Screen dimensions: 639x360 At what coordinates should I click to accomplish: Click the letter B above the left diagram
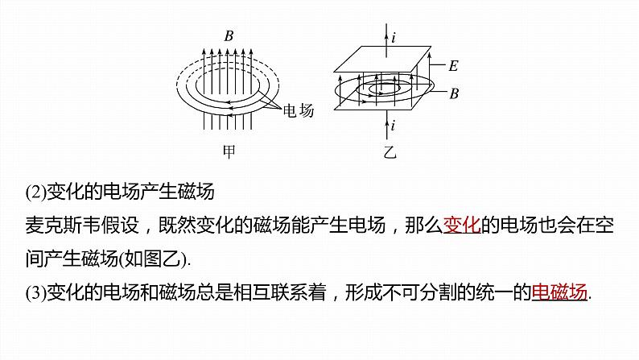(x=229, y=35)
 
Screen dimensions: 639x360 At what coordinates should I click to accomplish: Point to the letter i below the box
(x=393, y=125)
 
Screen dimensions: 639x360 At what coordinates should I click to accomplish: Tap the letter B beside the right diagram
(x=453, y=93)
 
